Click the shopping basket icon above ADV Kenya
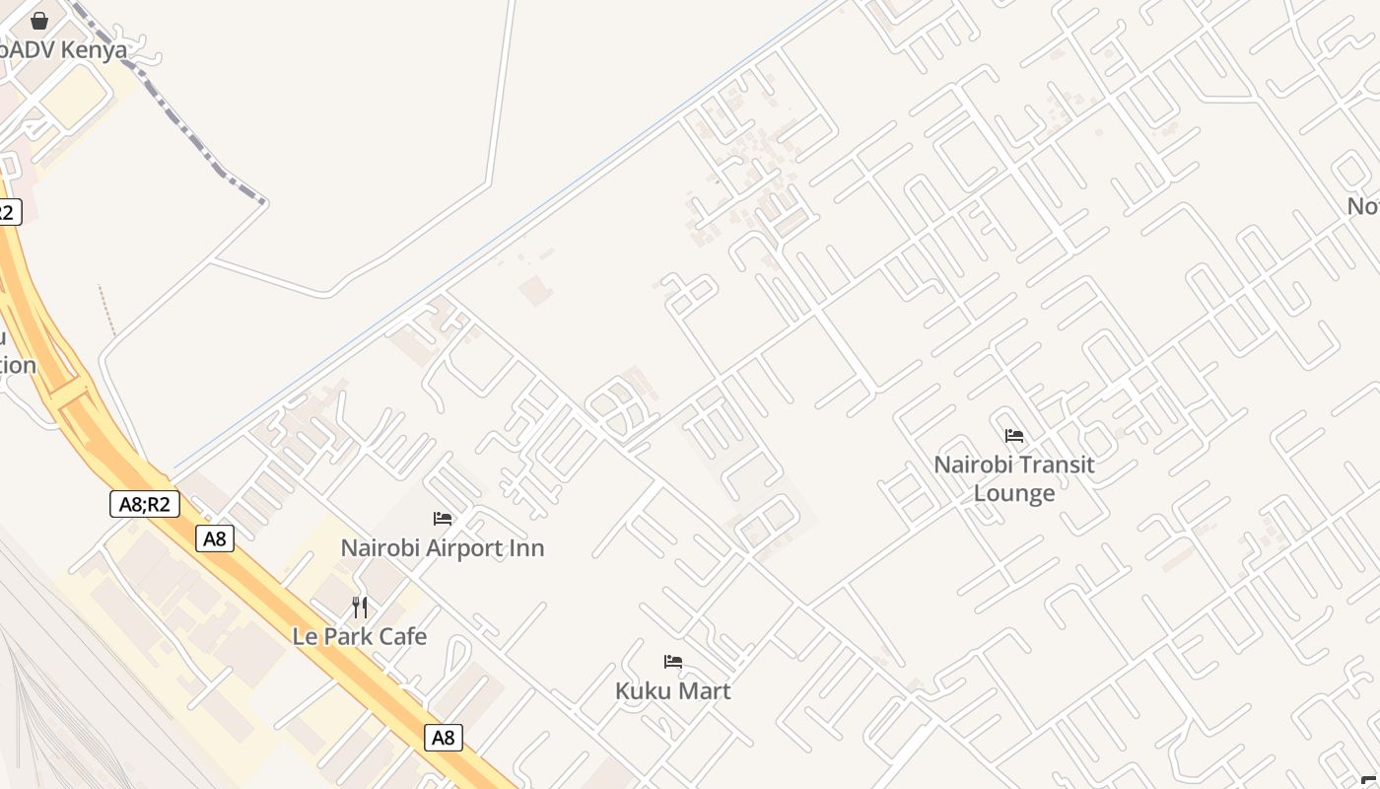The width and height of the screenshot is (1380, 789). pos(39,20)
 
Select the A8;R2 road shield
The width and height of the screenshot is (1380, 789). pos(144,505)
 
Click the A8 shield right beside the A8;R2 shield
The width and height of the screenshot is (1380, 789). pos(214,538)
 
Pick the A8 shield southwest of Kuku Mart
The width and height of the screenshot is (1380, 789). pos(444,738)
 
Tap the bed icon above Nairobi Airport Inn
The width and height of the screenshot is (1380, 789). pos(443,519)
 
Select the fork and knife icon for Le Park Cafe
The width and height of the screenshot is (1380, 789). pos(360,607)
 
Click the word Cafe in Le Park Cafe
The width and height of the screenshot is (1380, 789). pos(403,637)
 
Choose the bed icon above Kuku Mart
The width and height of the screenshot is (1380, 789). pos(673,662)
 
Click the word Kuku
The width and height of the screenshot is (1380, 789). pos(641,691)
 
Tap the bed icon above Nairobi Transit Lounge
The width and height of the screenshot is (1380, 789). pos(1014,436)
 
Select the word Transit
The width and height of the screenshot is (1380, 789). pos(1057,465)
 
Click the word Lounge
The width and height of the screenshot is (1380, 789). pos(1014,493)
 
